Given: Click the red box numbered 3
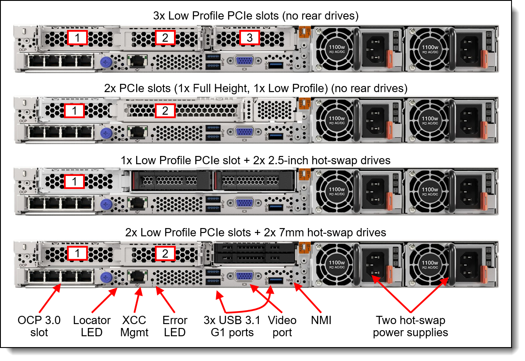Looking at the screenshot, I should click(x=249, y=38).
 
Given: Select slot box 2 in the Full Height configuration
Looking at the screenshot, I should click(x=165, y=111).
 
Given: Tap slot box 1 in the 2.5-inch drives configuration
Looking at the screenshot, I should click(x=75, y=182).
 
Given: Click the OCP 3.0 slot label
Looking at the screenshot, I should click(x=39, y=327).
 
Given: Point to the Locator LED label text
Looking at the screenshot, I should click(x=92, y=327).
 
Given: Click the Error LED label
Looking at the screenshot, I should click(x=175, y=327).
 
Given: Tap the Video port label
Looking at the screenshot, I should click(x=282, y=327).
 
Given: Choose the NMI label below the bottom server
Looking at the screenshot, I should click(x=321, y=321).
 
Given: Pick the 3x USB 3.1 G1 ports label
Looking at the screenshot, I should click(x=232, y=327).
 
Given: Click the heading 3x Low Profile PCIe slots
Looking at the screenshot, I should click(x=256, y=17).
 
